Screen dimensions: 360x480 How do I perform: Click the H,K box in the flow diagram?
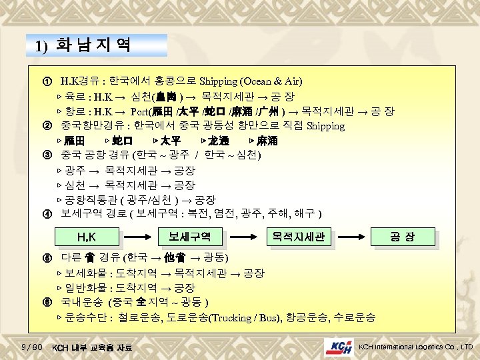pos(87,237)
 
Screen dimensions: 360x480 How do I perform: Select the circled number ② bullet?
pos(47,126)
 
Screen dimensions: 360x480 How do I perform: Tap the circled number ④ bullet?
pos(47,214)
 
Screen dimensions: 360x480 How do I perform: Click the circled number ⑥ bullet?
pos(47,302)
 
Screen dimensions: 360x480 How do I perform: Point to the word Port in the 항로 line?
pos(141,111)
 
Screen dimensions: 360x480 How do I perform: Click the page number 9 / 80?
pos(31,347)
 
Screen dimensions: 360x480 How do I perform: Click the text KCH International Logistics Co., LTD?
pos(415,347)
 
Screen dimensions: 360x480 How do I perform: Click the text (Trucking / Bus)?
pos(247,317)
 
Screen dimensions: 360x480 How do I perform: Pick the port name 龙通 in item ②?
pos(217,141)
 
